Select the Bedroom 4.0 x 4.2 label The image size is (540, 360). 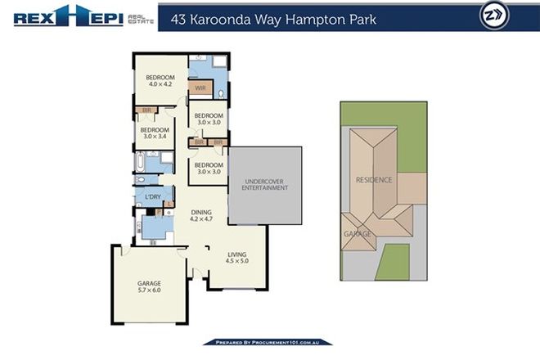(x=160, y=79)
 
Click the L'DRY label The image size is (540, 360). (x=153, y=197)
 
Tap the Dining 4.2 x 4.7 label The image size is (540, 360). (x=200, y=215)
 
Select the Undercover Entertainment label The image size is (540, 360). (x=264, y=184)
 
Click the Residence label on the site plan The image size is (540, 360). (x=374, y=179)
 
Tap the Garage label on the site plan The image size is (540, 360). (x=358, y=234)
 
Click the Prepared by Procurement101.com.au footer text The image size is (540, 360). (x=270, y=341)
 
